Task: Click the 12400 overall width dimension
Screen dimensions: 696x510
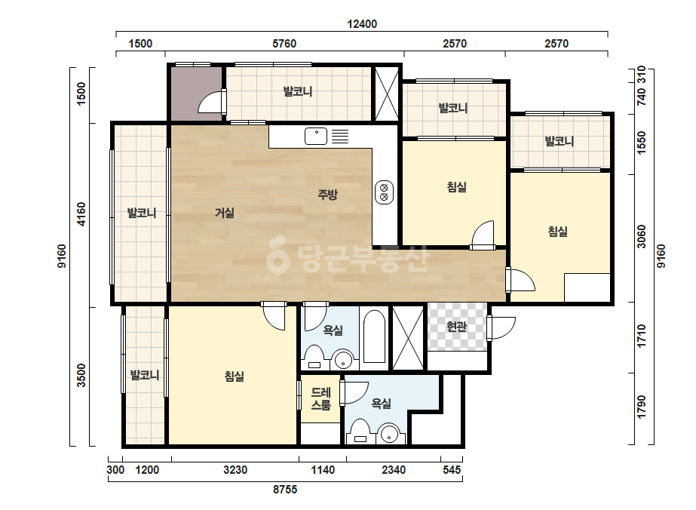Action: [362, 24]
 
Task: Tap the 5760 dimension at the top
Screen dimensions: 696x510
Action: [284, 44]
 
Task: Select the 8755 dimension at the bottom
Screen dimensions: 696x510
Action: [285, 490]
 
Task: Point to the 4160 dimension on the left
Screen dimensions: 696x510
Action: [81, 214]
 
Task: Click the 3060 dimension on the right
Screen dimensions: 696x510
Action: [642, 236]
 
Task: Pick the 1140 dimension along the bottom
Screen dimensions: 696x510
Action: [323, 469]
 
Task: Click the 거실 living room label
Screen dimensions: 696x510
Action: [225, 213]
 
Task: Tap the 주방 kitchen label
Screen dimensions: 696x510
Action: [327, 194]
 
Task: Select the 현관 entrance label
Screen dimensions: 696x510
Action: [456, 327]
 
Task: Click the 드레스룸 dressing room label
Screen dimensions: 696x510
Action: [321, 398]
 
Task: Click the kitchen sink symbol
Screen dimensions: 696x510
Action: [316, 136]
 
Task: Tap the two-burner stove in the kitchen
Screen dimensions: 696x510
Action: [384, 192]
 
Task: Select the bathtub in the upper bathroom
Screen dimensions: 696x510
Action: [374, 336]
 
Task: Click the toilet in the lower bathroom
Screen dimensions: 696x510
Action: [360, 432]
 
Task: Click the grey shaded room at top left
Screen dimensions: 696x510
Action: [196, 94]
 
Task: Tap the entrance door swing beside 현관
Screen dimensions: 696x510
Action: [501, 328]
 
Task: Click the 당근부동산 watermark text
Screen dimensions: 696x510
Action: [348, 259]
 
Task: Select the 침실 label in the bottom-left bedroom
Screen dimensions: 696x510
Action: [235, 376]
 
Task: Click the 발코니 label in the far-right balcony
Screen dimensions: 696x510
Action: [560, 141]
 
